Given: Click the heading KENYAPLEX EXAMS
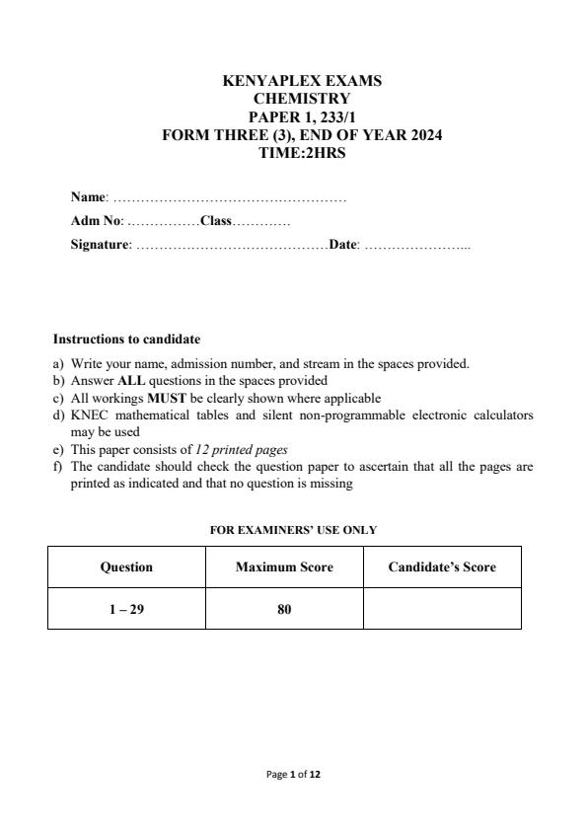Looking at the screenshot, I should (302, 81).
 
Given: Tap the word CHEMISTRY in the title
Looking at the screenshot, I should (302, 99).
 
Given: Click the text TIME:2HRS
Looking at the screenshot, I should (302, 153).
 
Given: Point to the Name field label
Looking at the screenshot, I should (87, 197).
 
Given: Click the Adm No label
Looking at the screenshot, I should (96, 221).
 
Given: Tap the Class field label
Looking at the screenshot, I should (215, 221).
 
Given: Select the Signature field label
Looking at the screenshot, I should (100, 245).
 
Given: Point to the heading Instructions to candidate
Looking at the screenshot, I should (126, 339).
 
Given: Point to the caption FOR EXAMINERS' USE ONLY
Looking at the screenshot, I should (293, 530).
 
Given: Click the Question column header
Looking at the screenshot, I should (126, 567).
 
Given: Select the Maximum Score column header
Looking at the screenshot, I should (284, 567).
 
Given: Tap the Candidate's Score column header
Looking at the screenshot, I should (442, 567).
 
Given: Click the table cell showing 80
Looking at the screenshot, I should (284, 610).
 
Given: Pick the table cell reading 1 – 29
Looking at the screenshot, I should (126, 610).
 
